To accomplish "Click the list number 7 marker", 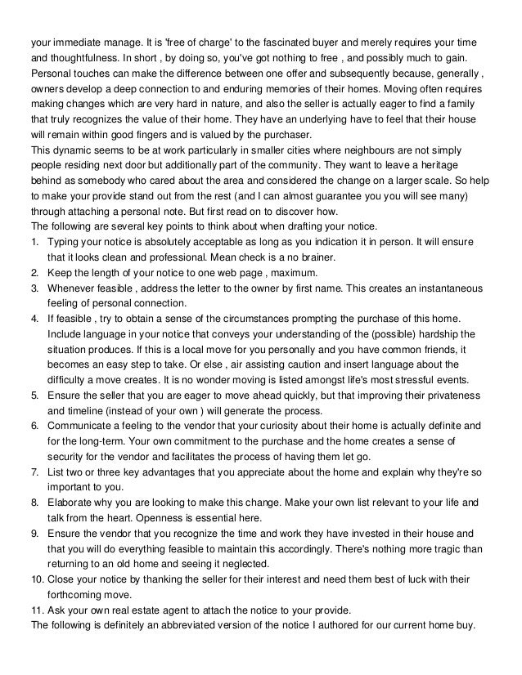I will (x=34, y=472).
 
